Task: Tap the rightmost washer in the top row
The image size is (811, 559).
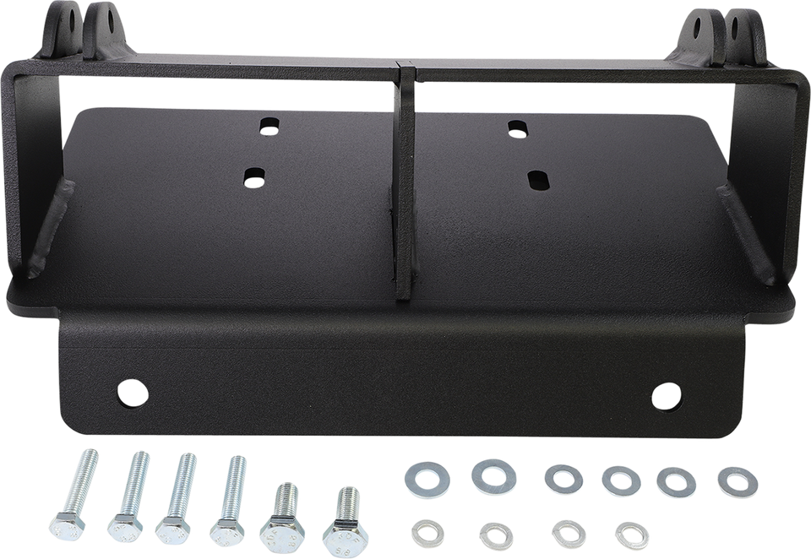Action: point(733,480)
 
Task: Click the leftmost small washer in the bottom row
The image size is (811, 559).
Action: point(424,532)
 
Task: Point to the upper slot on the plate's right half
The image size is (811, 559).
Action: point(517,128)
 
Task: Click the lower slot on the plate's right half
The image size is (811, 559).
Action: point(535,179)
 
